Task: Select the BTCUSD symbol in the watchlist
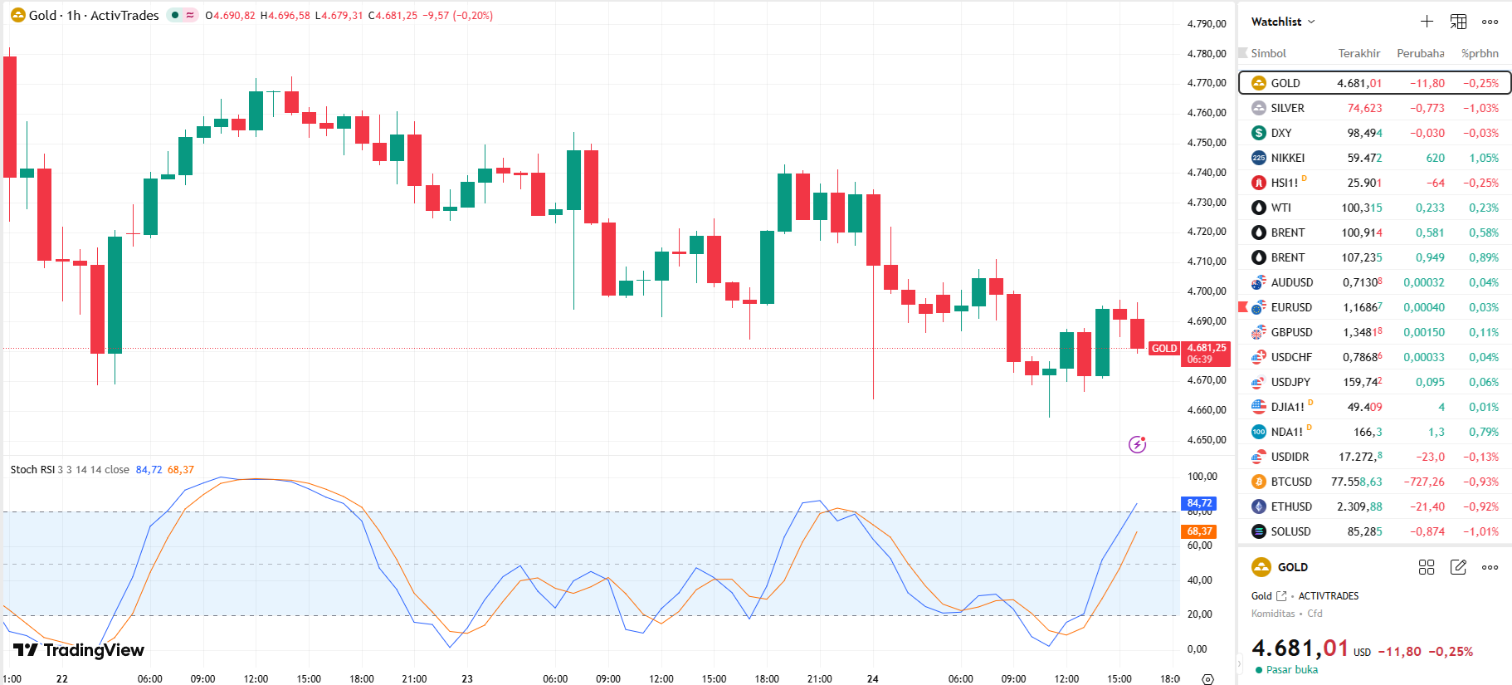click(x=1291, y=482)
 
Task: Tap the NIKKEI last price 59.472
click(x=1364, y=158)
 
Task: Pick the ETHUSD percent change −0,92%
click(x=1480, y=506)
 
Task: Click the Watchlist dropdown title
click(x=1282, y=22)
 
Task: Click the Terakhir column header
click(x=1358, y=53)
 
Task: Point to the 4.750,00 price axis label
click(x=1206, y=143)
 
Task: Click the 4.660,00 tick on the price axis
click(x=1206, y=410)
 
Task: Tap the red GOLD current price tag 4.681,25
click(x=1206, y=349)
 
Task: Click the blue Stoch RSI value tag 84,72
click(x=1199, y=503)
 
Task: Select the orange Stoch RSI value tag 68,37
click(x=1199, y=531)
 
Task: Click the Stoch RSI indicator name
click(x=32, y=470)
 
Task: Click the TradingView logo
click(x=79, y=650)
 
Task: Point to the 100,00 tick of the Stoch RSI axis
click(x=1202, y=477)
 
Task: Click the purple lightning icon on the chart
click(x=1137, y=444)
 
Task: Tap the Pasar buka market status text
click(x=1291, y=670)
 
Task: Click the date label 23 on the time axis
click(x=467, y=678)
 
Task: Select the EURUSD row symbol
click(x=1291, y=307)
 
